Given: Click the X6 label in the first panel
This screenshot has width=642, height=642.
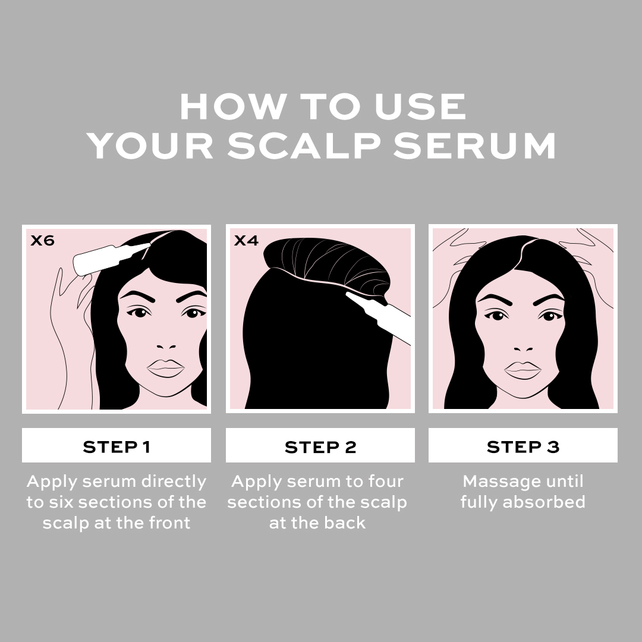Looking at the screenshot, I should pos(42,241).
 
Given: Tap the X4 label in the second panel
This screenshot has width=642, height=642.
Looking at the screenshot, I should pos(246,241).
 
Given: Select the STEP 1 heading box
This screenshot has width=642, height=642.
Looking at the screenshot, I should pos(117,446).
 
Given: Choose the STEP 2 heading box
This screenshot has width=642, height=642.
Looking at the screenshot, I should pos(320,446).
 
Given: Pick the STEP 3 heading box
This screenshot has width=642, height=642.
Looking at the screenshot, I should pos(523,446).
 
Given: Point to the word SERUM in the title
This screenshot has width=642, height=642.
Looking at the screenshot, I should pos(474,146).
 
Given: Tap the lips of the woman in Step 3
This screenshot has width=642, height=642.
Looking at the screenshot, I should pos(523,370).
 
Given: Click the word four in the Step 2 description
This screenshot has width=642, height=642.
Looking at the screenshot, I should pos(383,481).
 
